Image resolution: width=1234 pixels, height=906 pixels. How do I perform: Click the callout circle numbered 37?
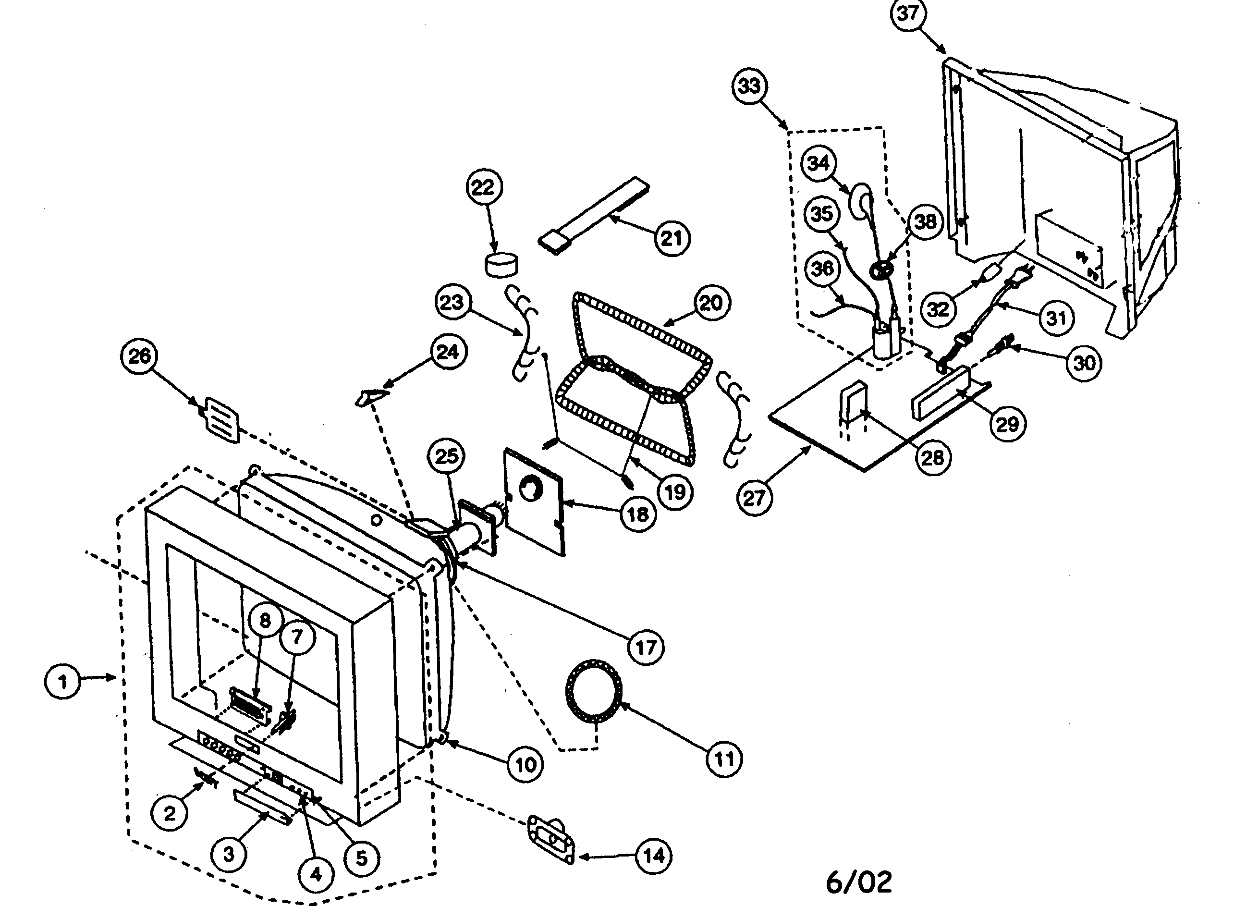tap(908, 13)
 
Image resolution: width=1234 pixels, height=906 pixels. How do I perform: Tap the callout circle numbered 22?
tap(483, 187)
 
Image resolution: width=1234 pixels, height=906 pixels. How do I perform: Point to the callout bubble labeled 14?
tap(654, 856)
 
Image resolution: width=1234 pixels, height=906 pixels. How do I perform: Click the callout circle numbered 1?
tap(62, 682)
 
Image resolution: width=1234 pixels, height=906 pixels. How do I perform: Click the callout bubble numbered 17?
tap(646, 647)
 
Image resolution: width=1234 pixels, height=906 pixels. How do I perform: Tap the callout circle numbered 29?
tap(1007, 423)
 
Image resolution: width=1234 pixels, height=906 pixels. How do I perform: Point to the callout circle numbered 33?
tap(750, 86)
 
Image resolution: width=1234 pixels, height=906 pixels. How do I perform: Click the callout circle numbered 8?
tap(265, 620)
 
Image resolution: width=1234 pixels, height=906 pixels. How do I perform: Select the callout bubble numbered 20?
tap(711, 303)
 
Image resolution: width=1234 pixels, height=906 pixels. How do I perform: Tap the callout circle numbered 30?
tap(1084, 363)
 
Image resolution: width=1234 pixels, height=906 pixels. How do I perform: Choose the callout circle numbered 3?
tap(229, 854)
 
